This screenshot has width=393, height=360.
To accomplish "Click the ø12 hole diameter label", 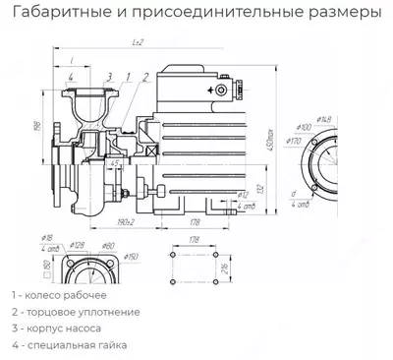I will click(x=243, y=194).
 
